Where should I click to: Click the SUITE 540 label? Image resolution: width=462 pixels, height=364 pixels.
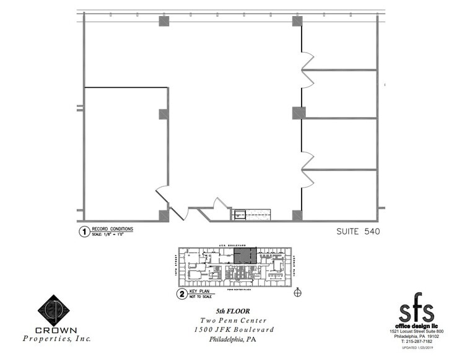pyautogui.click(x=358, y=232)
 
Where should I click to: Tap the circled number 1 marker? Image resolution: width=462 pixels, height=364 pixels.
pyautogui.click(x=82, y=232)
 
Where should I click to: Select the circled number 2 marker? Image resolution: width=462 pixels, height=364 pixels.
pyautogui.click(x=181, y=294)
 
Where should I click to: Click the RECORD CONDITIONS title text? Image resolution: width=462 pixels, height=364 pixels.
pyautogui.click(x=112, y=229)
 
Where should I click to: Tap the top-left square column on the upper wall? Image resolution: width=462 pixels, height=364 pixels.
pyautogui.click(x=164, y=21)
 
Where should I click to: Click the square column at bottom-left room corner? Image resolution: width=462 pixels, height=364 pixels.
pyautogui.click(x=164, y=215)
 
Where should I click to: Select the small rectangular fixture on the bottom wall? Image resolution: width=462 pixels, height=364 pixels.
pyautogui.click(x=239, y=215)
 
